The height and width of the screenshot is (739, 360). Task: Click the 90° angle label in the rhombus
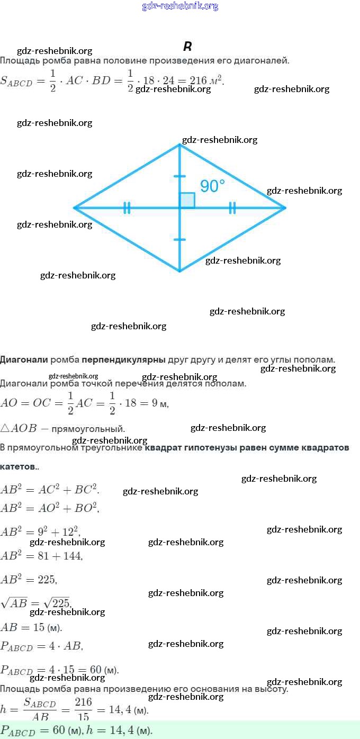point(212,186)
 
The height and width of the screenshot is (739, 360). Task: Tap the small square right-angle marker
point(187,200)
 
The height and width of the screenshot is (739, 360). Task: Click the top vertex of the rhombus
point(179,145)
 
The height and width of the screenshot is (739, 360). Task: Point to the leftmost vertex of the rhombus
point(74,208)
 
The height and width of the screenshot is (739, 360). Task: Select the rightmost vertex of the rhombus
point(285,208)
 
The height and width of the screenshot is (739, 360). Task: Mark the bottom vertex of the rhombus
point(179,271)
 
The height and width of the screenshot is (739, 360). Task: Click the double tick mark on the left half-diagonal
point(127,208)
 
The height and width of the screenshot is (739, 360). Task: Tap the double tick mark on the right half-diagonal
point(232,208)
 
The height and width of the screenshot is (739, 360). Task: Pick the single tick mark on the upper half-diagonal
point(179,176)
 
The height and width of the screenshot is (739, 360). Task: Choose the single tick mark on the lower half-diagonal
point(179,240)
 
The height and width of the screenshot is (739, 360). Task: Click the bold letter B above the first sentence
point(187,47)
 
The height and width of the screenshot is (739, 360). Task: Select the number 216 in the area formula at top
point(198,80)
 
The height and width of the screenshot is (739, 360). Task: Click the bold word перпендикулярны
point(123,360)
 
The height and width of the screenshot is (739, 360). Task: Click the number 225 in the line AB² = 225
point(47,580)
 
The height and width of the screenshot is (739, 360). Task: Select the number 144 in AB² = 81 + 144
point(73,556)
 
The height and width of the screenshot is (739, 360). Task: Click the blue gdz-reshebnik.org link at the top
point(180,6)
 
